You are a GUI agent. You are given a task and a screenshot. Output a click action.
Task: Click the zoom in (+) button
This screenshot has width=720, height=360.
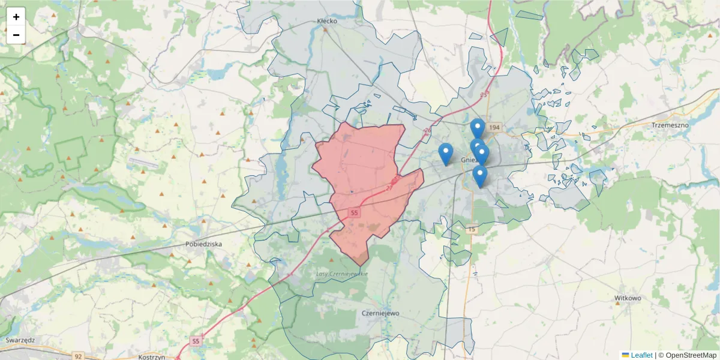pyautogui.click(x=16, y=17)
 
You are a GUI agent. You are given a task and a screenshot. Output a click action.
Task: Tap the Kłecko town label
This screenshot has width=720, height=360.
pyautogui.click(x=327, y=21)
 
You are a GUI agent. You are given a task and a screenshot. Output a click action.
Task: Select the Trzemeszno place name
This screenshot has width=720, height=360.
pyautogui.click(x=670, y=125)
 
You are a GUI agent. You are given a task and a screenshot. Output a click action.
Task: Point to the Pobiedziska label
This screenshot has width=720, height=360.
pyautogui.click(x=205, y=244)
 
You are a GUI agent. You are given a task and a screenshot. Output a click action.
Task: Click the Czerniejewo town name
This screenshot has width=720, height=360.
pyautogui.click(x=380, y=313)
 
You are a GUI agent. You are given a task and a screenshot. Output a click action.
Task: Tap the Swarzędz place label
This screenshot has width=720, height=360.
pyautogui.click(x=20, y=340)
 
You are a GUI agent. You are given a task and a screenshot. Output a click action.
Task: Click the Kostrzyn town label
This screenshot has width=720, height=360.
pyautogui.click(x=151, y=356)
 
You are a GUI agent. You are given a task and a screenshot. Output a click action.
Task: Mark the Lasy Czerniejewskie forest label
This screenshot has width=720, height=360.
pyautogui.click(x=341, y=274)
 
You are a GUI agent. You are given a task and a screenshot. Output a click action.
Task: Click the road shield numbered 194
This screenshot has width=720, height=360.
pyautogui.click(x=494, y=128)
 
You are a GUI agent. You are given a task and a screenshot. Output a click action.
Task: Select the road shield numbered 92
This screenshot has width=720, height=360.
pyautogui.click(x=79, y=356)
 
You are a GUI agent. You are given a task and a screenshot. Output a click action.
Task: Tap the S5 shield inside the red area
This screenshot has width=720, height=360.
pyautogui.click(x=355, y=213)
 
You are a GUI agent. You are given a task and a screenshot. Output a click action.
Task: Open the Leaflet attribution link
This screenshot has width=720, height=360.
pyautogui.click(x=641, y=355)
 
